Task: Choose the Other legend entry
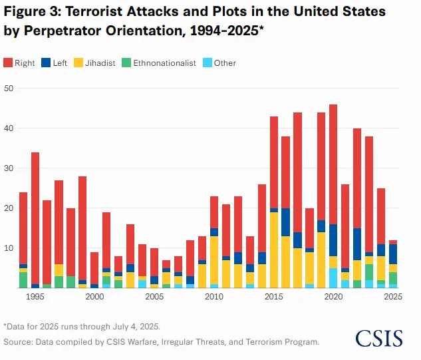[219, 63]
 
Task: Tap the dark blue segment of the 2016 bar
[286, 222]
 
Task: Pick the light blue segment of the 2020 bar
[333, 278]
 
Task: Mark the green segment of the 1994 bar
[23, 279]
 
